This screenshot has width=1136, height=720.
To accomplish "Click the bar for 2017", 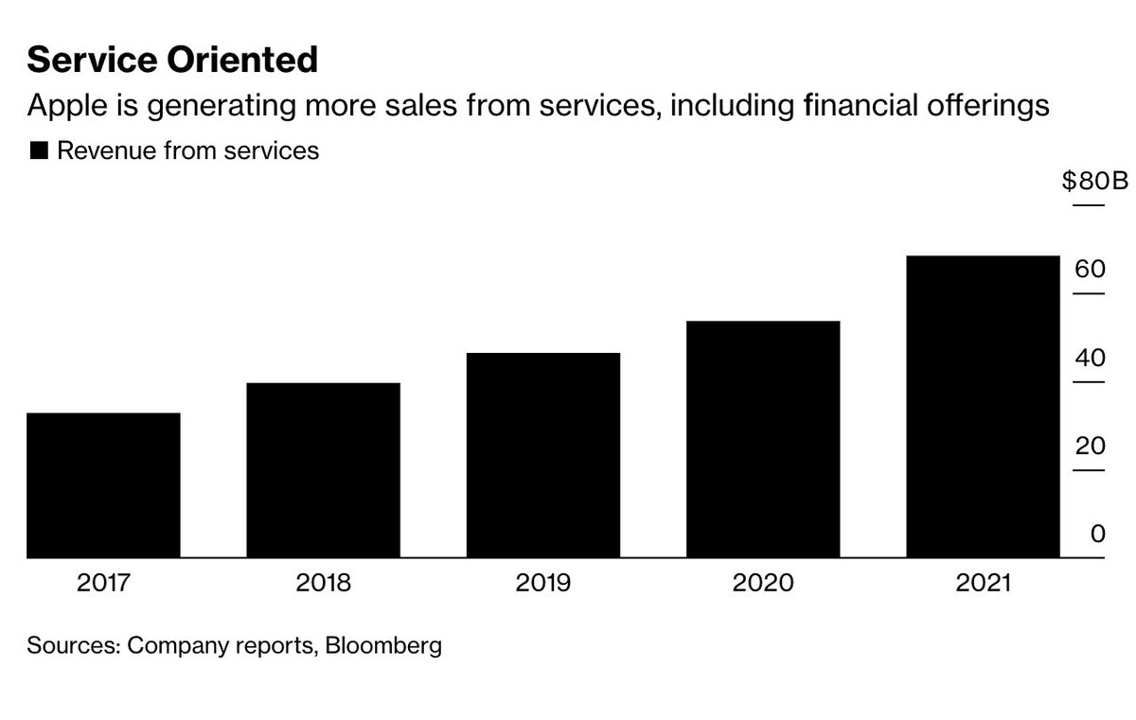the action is point(103,485).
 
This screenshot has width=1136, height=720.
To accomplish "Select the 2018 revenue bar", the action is point(323,470).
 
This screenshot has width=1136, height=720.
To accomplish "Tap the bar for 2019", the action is point(543,455).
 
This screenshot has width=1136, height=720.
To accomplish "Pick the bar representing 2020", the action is point(763,439).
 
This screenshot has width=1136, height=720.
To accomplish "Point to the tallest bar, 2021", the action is point(984,407).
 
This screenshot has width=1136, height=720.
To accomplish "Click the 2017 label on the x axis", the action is point(103,583).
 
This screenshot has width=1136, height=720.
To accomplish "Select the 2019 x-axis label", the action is point(543,583).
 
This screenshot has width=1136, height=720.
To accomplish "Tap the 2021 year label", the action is point(984,583).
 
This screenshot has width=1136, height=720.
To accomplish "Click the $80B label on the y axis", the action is point(1095,181).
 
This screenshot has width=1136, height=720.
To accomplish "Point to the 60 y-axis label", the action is point(1090,269).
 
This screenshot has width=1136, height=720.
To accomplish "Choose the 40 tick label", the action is point(1090,358).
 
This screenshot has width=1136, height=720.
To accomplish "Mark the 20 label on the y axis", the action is point(1090,446).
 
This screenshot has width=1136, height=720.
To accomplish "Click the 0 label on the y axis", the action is point(1098,534).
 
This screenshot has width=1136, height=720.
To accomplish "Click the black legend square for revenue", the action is point(39,150).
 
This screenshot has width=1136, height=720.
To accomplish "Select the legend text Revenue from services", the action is point(188,150).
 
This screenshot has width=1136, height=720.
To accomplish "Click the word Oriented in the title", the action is point(242,60).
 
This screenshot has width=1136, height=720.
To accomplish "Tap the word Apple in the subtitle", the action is point(67,106).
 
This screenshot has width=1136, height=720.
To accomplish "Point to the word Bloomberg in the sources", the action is point(383,646).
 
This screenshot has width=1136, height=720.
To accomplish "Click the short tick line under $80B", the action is point(1089,205).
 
